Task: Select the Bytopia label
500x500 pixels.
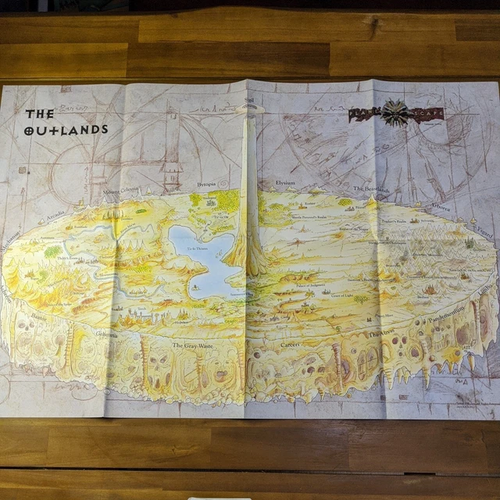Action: click(x=206, y=184)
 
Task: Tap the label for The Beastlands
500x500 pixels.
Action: click(x=370, y=190)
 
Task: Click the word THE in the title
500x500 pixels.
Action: click(x=40, y=114)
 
